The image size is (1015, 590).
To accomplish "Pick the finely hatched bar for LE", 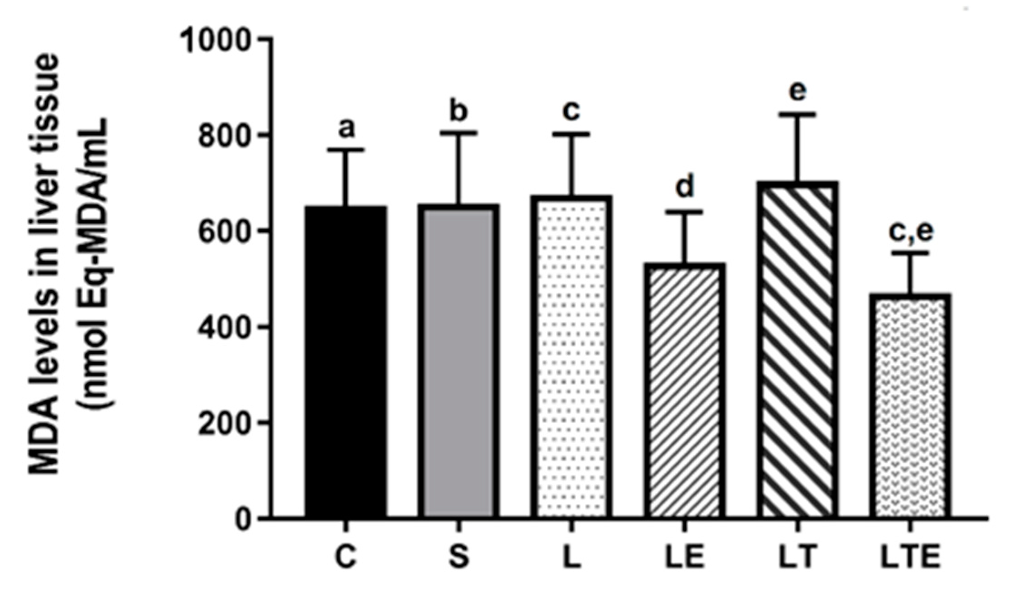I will click(685, 391).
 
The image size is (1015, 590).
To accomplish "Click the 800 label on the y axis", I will click(225, 135).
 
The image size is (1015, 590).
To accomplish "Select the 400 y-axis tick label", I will click(225, 327).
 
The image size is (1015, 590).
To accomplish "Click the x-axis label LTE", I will click(910, 558).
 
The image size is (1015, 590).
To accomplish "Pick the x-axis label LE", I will click(685, 558).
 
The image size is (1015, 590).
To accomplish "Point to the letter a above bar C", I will click(346, 129).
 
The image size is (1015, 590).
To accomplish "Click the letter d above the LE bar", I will click(685, 187).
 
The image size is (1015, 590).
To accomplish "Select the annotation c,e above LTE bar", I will click(911, 232).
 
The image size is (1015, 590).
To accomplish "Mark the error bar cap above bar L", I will click(572, 134).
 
